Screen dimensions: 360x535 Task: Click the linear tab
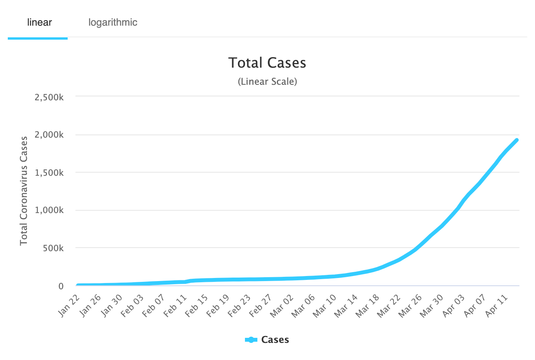pos(39,23)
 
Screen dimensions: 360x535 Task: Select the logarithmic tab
pos(113,23)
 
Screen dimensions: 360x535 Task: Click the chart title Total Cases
pos(267,63)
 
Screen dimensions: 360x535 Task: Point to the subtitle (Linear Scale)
pos(267,82)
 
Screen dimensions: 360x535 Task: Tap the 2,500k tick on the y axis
pos(49,97)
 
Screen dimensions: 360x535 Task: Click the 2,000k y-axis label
pos(49,135)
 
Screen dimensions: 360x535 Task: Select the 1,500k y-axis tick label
pos(49,173)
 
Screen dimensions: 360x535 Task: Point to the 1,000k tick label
pos(49,210)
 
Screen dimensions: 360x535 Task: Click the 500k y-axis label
pos(53,248)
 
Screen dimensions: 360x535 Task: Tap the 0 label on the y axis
pos(61,286)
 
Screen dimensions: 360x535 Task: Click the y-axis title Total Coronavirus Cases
pos(24,190)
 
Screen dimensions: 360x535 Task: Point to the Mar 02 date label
pos(281,305)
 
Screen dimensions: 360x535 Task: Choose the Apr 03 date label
pos(453,305)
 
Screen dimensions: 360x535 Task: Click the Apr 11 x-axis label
pos(496,305)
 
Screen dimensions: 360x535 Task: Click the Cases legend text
pos(275,340)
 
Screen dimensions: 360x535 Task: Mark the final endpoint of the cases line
pos(517,140)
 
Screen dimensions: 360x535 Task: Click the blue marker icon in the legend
pos(251,340)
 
